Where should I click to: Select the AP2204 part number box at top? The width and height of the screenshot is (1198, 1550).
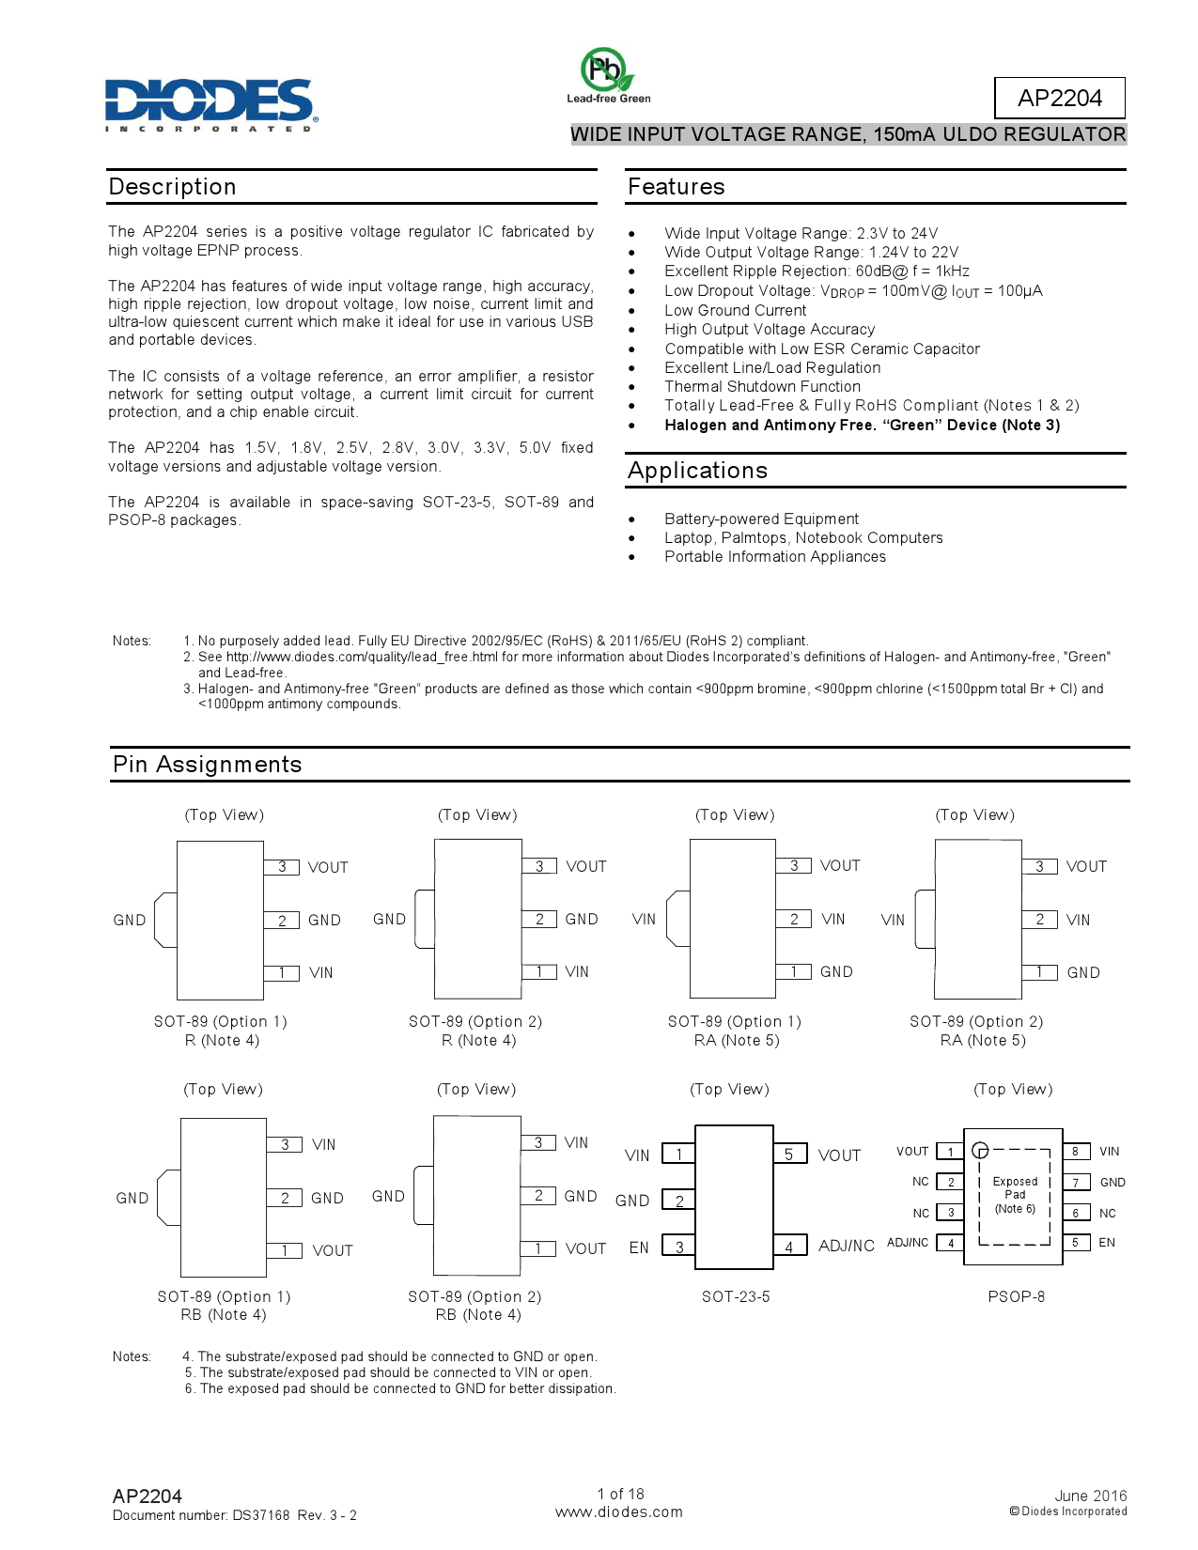pos(1059,98)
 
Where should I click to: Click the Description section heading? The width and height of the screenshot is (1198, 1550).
pos(172,187)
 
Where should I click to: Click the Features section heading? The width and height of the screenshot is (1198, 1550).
pos(676,187)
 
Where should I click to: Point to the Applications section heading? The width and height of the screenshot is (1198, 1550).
pos(697,471)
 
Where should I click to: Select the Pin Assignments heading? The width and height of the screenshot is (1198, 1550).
pos(207,765)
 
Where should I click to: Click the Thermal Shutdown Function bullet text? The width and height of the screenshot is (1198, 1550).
pos(762,386)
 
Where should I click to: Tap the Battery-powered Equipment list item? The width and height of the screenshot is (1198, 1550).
pos(761,519)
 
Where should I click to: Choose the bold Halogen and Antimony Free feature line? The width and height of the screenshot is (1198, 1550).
pos(862,425)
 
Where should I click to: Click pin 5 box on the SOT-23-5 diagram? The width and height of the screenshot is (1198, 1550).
pos(789,1154)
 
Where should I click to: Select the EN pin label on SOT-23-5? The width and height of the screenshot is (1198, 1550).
pos(639,1248)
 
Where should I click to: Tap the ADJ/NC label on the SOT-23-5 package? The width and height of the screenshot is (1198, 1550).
pos(846,1246)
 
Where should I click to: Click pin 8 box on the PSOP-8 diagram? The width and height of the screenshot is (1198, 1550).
pos(1076,1151)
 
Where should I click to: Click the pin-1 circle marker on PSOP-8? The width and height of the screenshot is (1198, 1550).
pos(980,1150)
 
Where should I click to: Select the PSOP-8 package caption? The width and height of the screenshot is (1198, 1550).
pos(1016,1296)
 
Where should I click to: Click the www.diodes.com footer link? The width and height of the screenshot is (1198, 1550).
pos(618,1512)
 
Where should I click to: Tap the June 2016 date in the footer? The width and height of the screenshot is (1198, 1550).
pos(1090,1496)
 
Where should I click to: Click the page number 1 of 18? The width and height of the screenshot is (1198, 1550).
pos(620,1494)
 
